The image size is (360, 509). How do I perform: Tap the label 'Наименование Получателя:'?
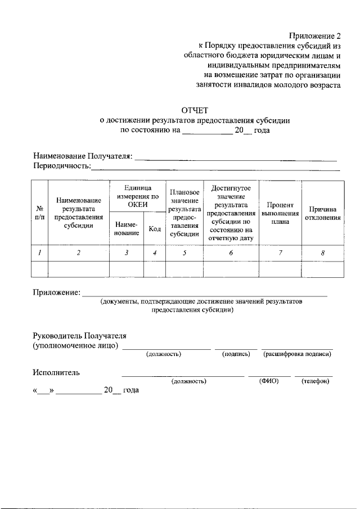pos(82,156)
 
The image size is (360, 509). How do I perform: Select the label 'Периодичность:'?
pos(61,166)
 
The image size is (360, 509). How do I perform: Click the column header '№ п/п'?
pos(39,212)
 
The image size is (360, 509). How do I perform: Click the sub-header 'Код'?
pos(154,228)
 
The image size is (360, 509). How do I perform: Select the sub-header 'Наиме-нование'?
pos(126,228)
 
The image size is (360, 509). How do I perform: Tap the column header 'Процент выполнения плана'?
pos(280,213)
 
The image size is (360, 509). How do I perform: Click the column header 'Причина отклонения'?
pos(322,213)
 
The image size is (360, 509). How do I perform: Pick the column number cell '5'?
pos(184,253)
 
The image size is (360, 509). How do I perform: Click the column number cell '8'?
pos(322,253)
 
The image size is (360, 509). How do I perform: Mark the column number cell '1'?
pos(39,253)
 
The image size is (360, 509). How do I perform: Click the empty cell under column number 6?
pos(231,269)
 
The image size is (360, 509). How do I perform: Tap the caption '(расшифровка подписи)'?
pos(297,354)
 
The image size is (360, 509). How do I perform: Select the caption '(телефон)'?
pos(315,381)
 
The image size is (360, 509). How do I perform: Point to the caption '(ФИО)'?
pos(269,381)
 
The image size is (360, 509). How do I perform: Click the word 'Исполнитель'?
pos(56,372)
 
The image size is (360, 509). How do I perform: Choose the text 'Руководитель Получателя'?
pos(79,335)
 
